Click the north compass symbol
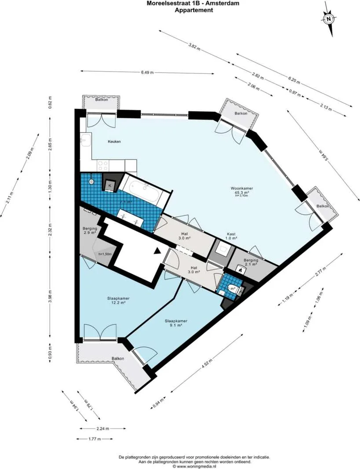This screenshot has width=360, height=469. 328,19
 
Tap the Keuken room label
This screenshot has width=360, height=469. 114,142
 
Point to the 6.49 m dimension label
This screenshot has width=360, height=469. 147,73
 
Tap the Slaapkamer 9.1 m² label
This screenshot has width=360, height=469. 176,323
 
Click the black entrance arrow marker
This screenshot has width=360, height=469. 157,251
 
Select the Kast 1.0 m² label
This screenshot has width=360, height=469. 231,236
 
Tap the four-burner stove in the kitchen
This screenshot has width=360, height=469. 103,165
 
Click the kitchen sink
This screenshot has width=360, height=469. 85,141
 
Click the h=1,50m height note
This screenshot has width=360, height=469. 104,254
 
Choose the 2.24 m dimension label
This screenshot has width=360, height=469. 103,428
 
